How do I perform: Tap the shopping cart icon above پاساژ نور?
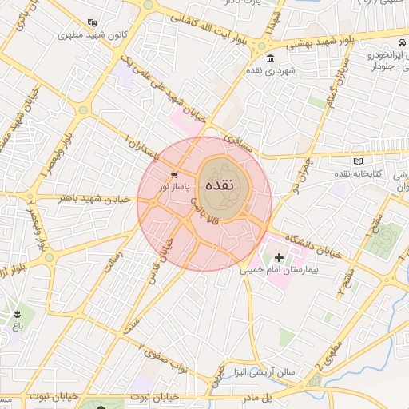pos(174,173)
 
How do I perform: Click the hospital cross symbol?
pos(279,257)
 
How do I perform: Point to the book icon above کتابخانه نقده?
pos(347,162)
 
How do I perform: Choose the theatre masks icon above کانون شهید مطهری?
pos(93,23)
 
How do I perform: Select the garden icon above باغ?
pos(18,313)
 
